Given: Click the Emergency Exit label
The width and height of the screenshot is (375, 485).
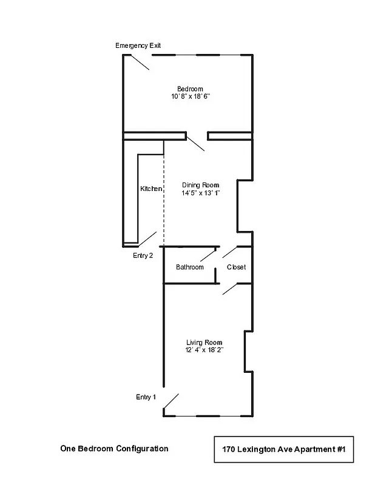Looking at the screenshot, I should [x=138, y=46].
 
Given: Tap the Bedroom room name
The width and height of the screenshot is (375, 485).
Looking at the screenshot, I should [x=190, y=89].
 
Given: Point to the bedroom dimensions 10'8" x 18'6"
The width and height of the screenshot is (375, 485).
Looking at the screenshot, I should [x=190, y=97].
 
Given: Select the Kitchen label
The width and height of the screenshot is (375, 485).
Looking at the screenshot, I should [x=151, y=189].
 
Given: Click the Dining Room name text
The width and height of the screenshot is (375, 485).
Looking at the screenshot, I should [x=200, y=185].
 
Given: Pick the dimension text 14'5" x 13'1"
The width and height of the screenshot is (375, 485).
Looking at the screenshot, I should [x=200, y=193].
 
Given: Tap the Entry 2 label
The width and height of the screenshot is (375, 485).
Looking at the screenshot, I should [x=143, y=256].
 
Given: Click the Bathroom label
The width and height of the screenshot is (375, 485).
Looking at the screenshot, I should [x=190, y=267].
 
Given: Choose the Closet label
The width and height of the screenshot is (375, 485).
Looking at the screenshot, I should [x=236, y=267].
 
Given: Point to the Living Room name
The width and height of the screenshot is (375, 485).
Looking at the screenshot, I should [x=204, y=343].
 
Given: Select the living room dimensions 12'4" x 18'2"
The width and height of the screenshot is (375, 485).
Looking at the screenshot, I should [x=204, y=350].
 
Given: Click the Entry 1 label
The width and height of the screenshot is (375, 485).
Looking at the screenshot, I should [x=146, y=398].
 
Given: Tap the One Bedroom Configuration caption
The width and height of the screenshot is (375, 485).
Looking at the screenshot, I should [x=114, y=449].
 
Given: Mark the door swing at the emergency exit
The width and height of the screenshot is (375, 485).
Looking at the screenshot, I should [x=139, y=62].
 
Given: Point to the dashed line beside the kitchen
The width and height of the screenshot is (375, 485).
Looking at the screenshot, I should [x=164, y=194].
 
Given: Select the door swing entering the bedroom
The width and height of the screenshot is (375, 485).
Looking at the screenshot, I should [x=195, y=144].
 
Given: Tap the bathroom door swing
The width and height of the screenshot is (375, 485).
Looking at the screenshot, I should [x=209, y=255].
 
